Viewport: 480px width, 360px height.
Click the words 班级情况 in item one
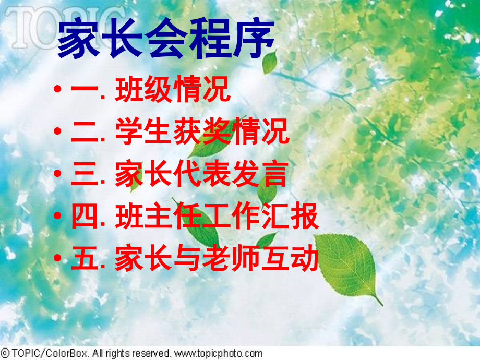tap(172, 90)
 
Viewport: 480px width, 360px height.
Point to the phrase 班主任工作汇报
tap(216, 217)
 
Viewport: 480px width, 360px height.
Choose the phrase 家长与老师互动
tap(216, 259)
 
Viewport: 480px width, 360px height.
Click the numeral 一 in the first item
tap(83, 91)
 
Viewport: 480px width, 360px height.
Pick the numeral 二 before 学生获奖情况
tap(83, 133)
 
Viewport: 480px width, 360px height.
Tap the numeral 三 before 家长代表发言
tap(83, 175)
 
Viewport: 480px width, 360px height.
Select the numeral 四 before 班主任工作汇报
tap(83, 218)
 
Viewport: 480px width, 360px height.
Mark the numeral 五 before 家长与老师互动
tap(83, 260)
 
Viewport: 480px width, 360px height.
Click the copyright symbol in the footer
tap(5, 353)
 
